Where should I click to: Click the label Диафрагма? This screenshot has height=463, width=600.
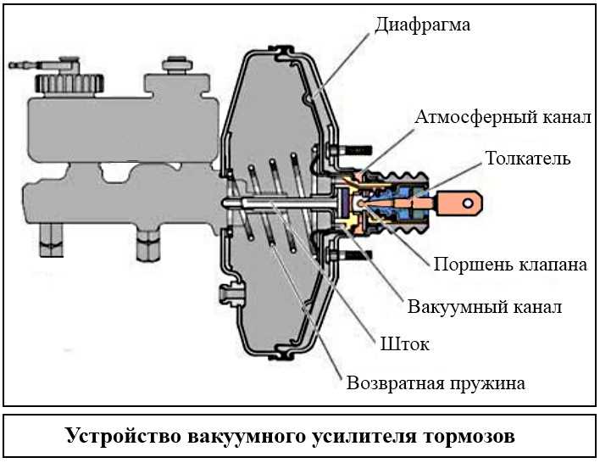(x=421, y=25)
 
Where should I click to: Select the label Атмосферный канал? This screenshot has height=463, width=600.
(x=503, y=116)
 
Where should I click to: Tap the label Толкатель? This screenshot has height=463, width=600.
(x=527, y=159)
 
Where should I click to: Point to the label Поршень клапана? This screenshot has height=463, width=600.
(x=509, y=265)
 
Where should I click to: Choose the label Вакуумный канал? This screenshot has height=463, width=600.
(x=484, y=306)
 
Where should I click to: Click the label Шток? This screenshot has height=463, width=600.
(x=404, y=344)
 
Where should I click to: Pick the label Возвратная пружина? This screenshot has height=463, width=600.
(x=436, y=382)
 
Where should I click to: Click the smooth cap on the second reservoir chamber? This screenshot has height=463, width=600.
(x=175, y=64)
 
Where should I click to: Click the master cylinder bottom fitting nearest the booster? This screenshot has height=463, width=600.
(x=147, y=243)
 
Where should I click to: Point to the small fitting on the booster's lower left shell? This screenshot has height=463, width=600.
(x=227, y=295)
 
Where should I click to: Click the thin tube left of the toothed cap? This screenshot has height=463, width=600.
(x=24, y=64)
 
